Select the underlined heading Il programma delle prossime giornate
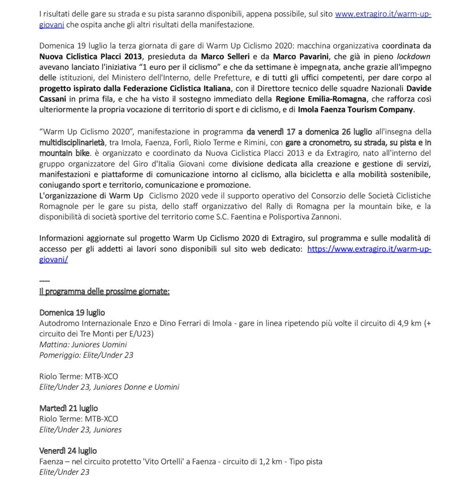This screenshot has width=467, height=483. coord(104,291)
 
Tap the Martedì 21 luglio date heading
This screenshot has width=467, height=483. coord(68,408)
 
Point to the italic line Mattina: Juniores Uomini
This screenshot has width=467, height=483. coord(83,344)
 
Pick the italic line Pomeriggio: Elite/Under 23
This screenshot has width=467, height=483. coord(86,355)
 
